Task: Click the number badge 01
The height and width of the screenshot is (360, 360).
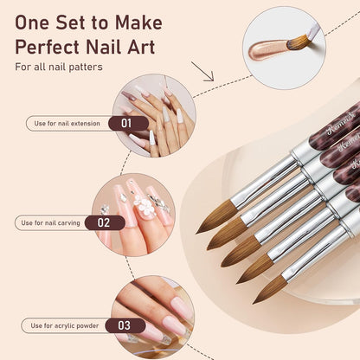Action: tap(126, 123)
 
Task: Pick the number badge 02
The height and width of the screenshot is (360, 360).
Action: tap(104, 222)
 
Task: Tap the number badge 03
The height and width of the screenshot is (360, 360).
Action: tap(125, 325)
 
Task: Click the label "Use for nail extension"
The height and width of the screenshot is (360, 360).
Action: tap(67, 123)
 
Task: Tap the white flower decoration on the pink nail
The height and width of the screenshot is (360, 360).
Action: tap(137, 205)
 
